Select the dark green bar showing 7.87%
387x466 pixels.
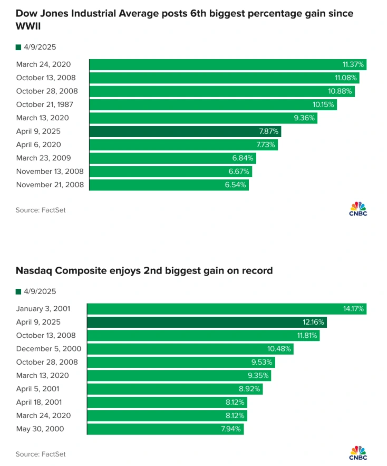click(x=185, y=131)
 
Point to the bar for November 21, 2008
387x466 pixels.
click(x=168, y=185)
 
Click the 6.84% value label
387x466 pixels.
click(x=243, y=158)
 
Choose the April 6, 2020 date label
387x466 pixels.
click(x=38, y=144)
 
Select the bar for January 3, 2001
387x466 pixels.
click(x=227, y=309)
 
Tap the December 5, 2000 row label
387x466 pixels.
click(x=49, y=348)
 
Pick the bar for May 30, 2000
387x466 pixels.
click(x=165, y=429)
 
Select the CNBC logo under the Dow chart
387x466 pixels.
click(x=358, y=208)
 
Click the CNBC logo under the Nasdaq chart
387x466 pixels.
click(x=358, y=452)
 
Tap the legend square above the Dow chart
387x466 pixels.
click(x=18, y=47)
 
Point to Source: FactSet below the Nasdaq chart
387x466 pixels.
click(x=41, y=454)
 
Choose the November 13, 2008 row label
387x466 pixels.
click(x=50, y=171)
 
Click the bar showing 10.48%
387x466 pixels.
click(x=190, y=349)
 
